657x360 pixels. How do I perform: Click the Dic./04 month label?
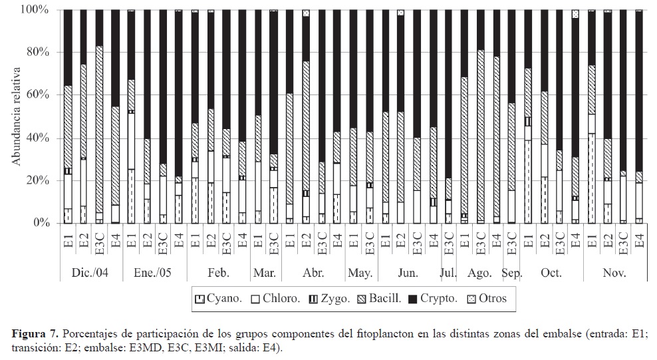pyautogui.click(x=90, y=273)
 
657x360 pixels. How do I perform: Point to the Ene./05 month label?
pyautogui.click(x=154, y=273)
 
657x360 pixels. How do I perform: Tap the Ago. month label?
pyautogui.click(x=479, y=273)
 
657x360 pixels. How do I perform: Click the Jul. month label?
pyautogui.click(x=448, y=273)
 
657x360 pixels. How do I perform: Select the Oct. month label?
pyautogui.click(x=551, y=273)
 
